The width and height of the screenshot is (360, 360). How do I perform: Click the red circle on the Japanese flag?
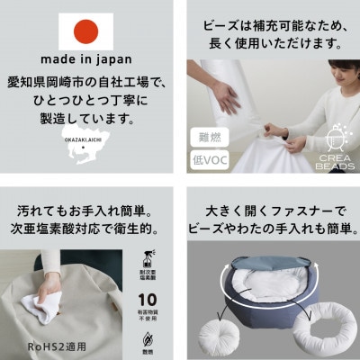(87, 31)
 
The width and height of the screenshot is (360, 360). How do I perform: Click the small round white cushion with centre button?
(216, 328)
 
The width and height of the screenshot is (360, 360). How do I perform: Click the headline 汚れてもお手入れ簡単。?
(87, 200)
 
